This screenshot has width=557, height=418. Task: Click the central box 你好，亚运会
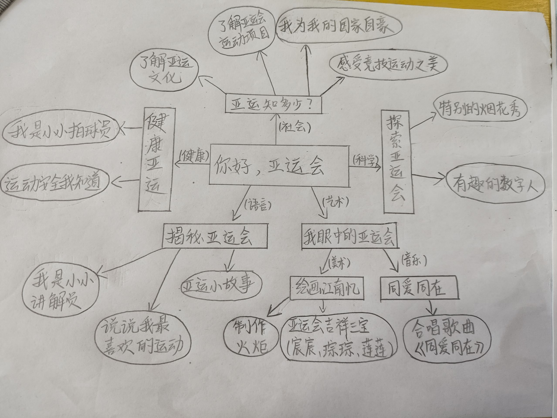279,166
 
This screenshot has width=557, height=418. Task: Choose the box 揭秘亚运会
214,236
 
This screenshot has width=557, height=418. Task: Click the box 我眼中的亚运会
349,236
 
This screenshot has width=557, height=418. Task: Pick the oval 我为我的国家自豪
337,26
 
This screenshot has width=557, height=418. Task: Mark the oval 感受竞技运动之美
388,64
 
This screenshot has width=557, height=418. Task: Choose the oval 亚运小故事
221,285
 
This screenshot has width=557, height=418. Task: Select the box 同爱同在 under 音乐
418,288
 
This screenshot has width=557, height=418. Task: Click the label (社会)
294,127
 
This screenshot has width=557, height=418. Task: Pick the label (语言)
257,204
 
